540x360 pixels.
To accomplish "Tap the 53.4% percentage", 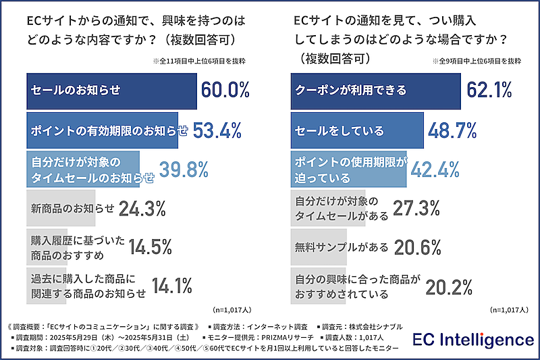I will (217, 130).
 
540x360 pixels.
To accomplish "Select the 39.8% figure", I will (183, 170).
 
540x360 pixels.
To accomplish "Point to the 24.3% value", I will (142, 209).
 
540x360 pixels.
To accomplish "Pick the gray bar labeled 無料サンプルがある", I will (319, 247).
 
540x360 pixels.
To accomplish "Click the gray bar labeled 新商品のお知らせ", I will (61, 209).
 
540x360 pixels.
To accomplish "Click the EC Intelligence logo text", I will (473, 340).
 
